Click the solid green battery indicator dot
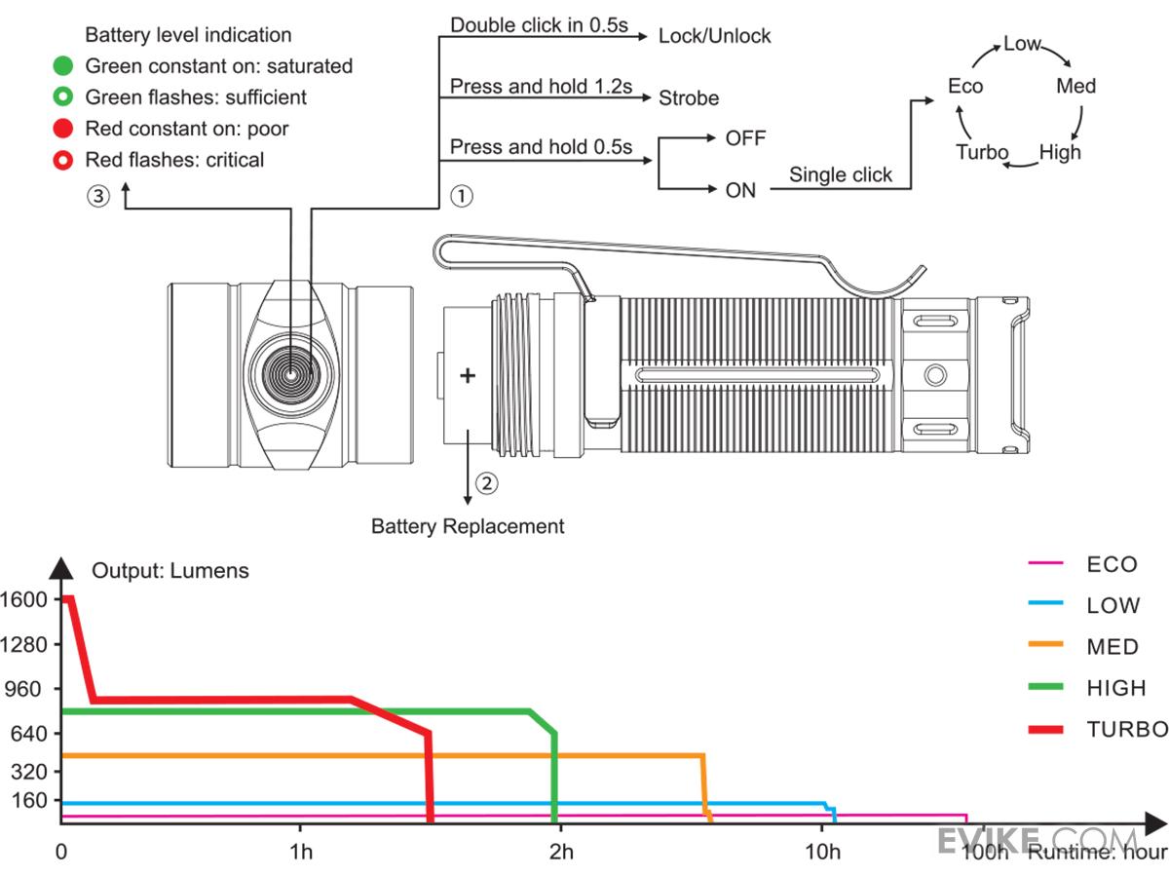coord(62,66)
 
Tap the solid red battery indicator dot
coord(62,129)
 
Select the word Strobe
coord(689,98)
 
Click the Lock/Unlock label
coord(714,36)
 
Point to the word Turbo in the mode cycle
coord(982,152)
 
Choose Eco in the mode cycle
coord(965,86)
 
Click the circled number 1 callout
coord(461,196)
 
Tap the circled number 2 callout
coord(486,481)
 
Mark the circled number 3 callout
coord(98,196)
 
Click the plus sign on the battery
coord(468,375)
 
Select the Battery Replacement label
coord(468,526)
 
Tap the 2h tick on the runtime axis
coord(560,853)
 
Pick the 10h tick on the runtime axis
coord(823,853)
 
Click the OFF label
coord(745,137)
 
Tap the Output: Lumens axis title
coord(170,571)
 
